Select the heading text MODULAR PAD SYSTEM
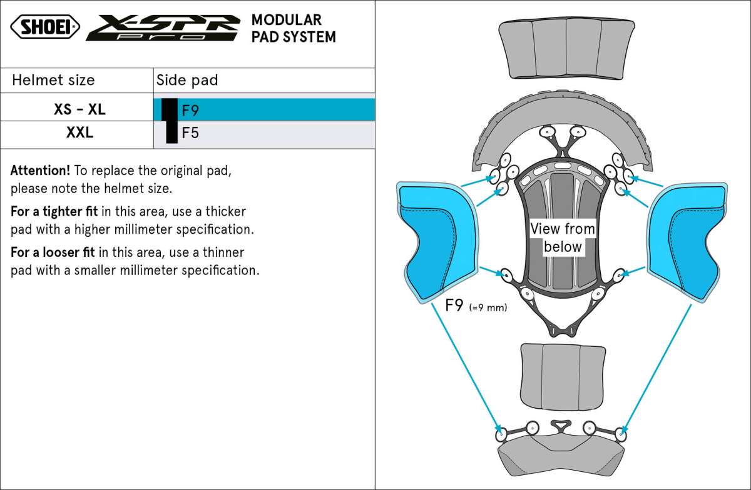point(293,29)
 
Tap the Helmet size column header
point(53,80)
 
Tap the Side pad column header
point(187,80)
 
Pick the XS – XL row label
point(79,109)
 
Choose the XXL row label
point(79,132)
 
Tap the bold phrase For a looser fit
point(53,252)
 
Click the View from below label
point(563,237)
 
